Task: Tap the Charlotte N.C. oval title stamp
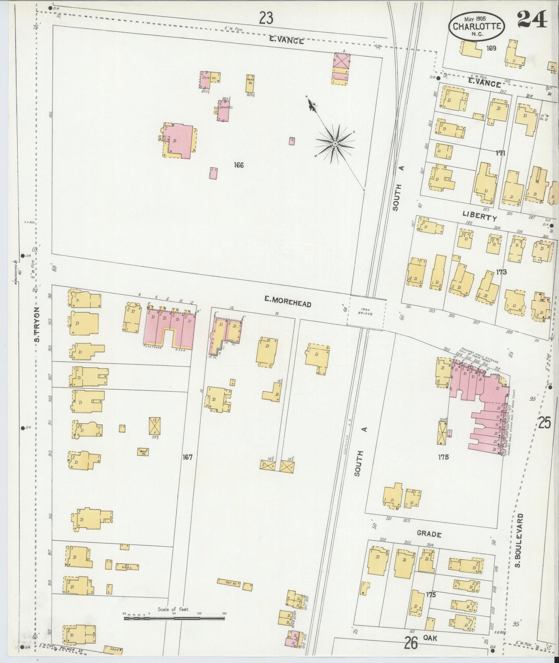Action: pos(477,26)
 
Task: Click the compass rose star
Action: pos(335,144)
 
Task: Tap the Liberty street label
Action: pos(479,217)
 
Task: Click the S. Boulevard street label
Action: pos(520,540)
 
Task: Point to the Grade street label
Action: pos(429,534)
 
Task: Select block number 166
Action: pos(239,165)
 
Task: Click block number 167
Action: pos(188,457)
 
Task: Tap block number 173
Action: pos(501,272)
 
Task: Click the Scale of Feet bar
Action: pos(174,618)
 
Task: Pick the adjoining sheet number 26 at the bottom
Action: pos(411,643)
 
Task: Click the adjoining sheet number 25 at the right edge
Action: pos(544,423)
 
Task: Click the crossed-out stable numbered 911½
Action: pos(155,425)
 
